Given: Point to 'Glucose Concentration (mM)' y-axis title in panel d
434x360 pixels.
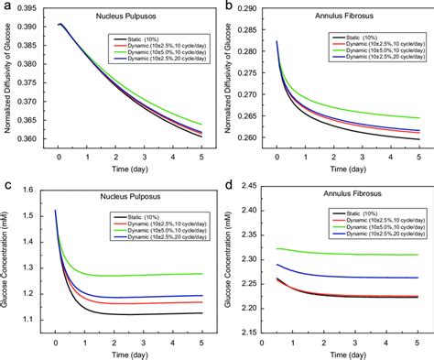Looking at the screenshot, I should (x=231, y=266).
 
